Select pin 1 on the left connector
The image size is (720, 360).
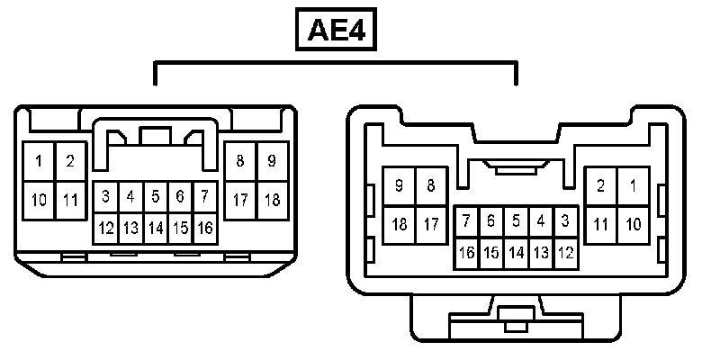[40, 162]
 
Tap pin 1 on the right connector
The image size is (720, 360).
[634, 186]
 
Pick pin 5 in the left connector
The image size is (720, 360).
[155, 195]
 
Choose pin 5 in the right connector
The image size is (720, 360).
[516, 220]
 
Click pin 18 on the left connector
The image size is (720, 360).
[272, 200]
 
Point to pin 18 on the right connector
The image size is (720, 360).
[399, 223]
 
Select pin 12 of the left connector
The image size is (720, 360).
[106, 228]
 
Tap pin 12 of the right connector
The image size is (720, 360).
[565, 253]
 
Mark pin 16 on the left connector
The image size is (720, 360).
[204, 228]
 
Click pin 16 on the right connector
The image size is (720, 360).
[467, 253]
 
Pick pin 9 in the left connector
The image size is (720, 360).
[272, 162]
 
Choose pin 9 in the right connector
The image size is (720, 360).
[399, 186]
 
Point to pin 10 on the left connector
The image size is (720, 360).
[40, 200]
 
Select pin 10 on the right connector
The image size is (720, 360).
[634, 223]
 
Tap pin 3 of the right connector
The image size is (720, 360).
[565, 220]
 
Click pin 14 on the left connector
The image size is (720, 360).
[155, 228]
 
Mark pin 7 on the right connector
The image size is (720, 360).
[467, 220]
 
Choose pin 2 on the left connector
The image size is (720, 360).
[69, 162]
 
